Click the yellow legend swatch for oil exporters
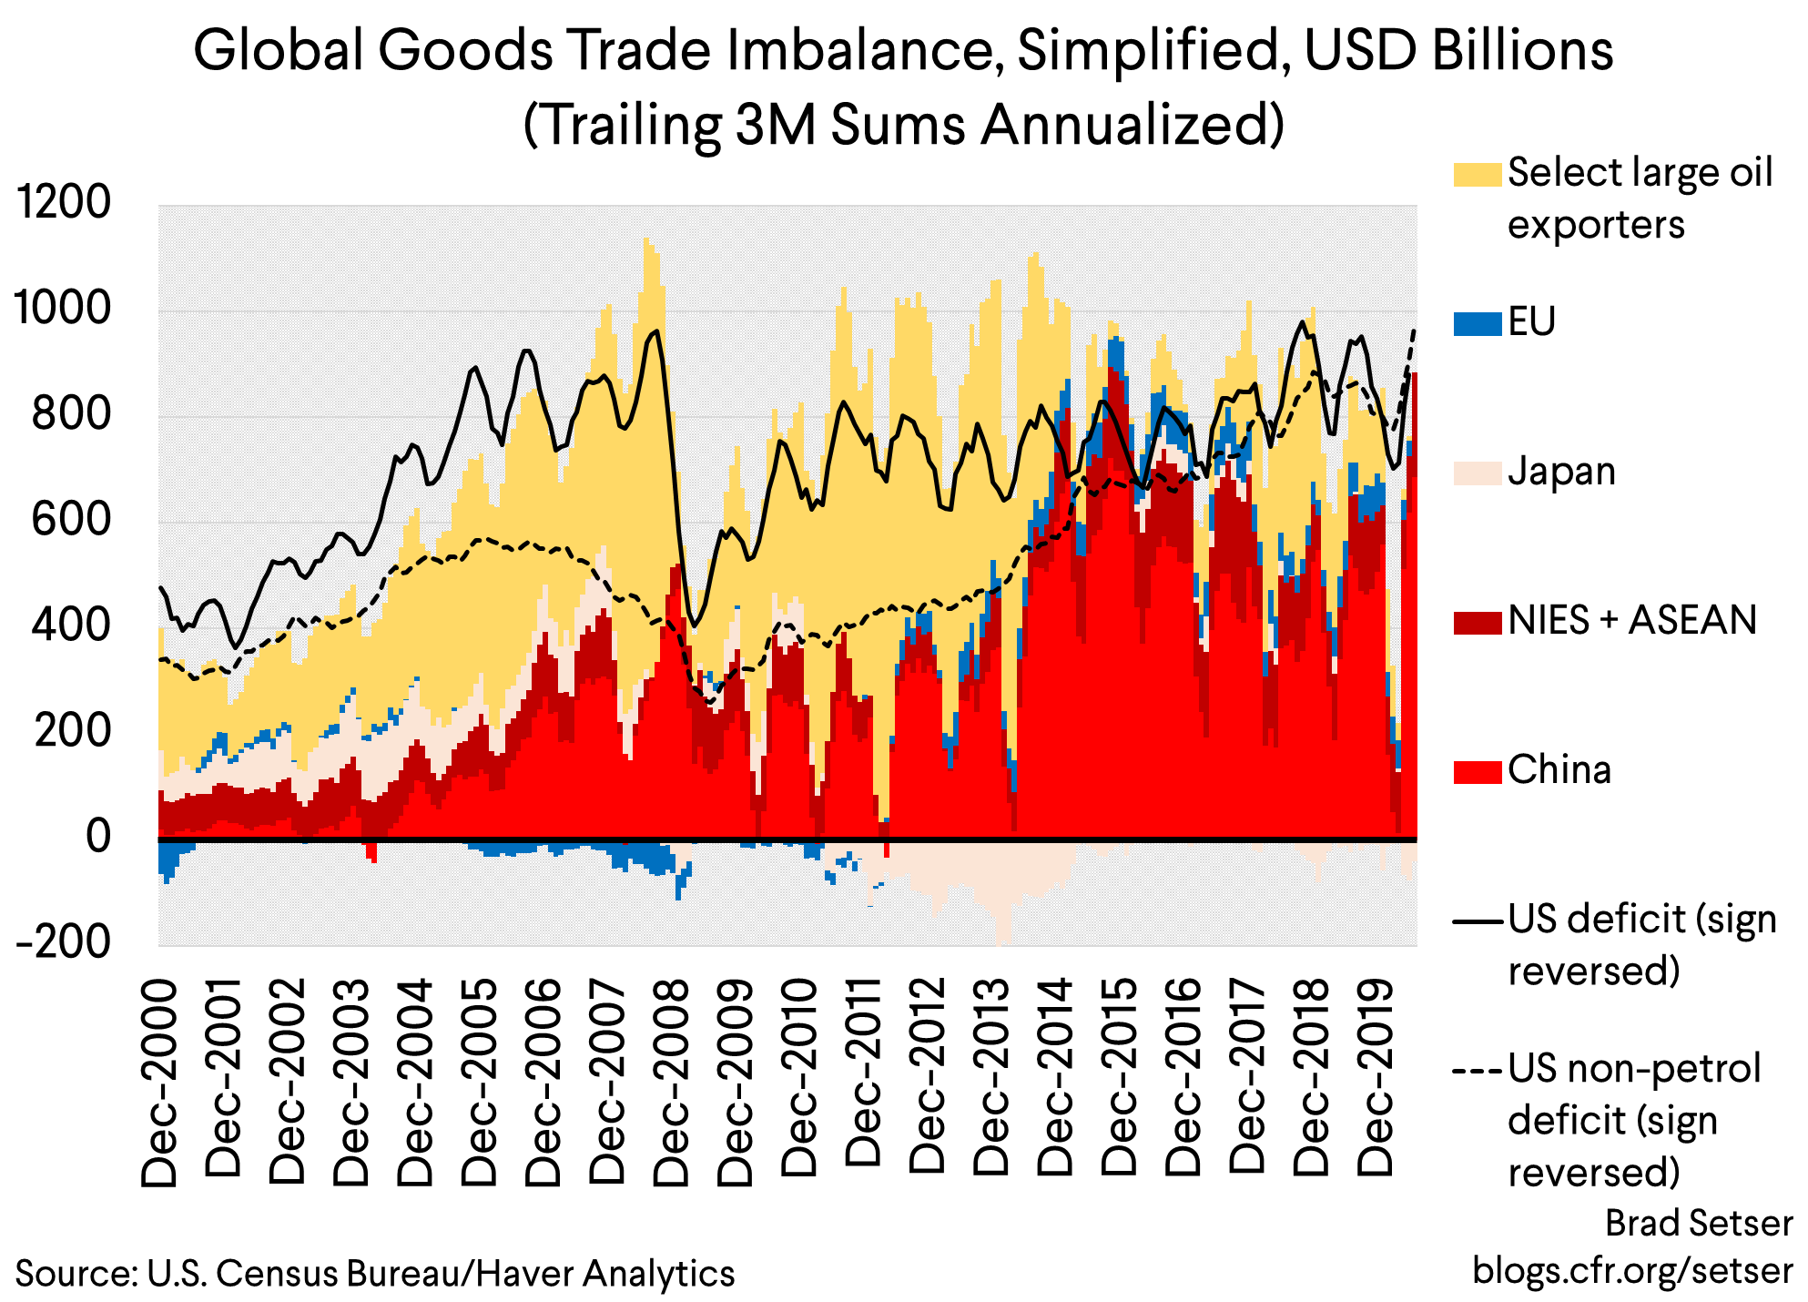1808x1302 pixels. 1477,174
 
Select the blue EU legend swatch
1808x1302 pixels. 1477,323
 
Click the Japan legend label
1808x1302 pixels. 1560,472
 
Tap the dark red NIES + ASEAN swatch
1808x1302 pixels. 1477,622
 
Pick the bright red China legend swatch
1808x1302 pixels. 1477,771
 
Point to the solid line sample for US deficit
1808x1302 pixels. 1477,921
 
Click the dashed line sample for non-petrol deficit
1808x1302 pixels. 1477,1070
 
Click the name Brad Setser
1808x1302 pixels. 1698,1223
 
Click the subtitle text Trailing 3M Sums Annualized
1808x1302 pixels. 903,125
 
